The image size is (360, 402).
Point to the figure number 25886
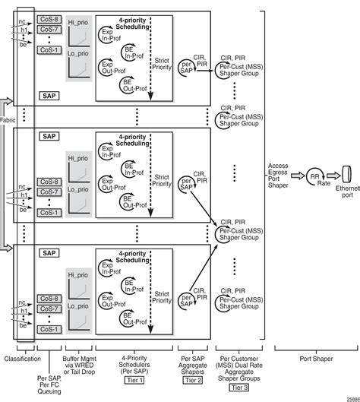pyautogui.click(x=350, y=397)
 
